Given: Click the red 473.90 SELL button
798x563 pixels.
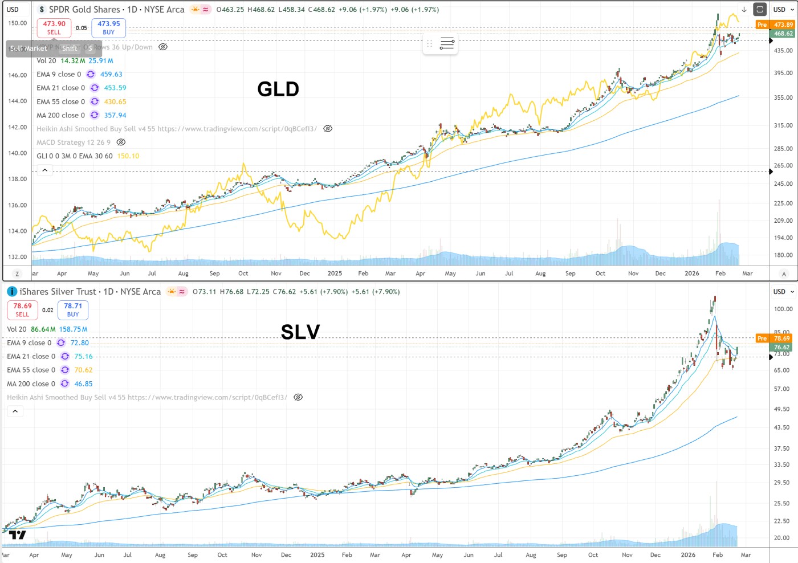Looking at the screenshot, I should click(x=54, y=27).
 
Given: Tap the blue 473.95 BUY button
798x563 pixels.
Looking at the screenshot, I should click(x=108, y=27).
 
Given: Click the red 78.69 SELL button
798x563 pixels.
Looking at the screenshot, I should click(x=22, y=309).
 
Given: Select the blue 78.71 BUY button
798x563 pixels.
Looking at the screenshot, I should click(x=73, y=309).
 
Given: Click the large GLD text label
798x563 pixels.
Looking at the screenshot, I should click(x=278, y=89).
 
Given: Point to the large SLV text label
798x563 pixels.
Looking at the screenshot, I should click(x=300, y=332).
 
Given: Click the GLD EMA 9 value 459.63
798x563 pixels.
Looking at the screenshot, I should click(x=111, y=74).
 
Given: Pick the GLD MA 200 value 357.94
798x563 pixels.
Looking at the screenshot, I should click(x=115, y=115).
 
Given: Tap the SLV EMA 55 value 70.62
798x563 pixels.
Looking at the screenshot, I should click(x=83, y=370).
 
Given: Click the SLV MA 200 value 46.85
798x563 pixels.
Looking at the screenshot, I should click(x=83, y=384).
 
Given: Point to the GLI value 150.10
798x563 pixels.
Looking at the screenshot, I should click(x=128, y=156).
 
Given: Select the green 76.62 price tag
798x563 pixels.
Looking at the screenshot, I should click(x=781, y=347).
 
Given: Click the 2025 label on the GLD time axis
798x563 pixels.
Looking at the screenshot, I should click(x=335, y=274).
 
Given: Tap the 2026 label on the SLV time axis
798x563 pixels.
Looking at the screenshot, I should click(x=688, y=555).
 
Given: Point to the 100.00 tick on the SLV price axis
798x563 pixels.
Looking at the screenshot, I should click(x=783, y=309).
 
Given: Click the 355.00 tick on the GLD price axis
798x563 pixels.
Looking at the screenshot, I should click(x=783, y=97).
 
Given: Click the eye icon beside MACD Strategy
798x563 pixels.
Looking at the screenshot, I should click(x=121, y=142).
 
